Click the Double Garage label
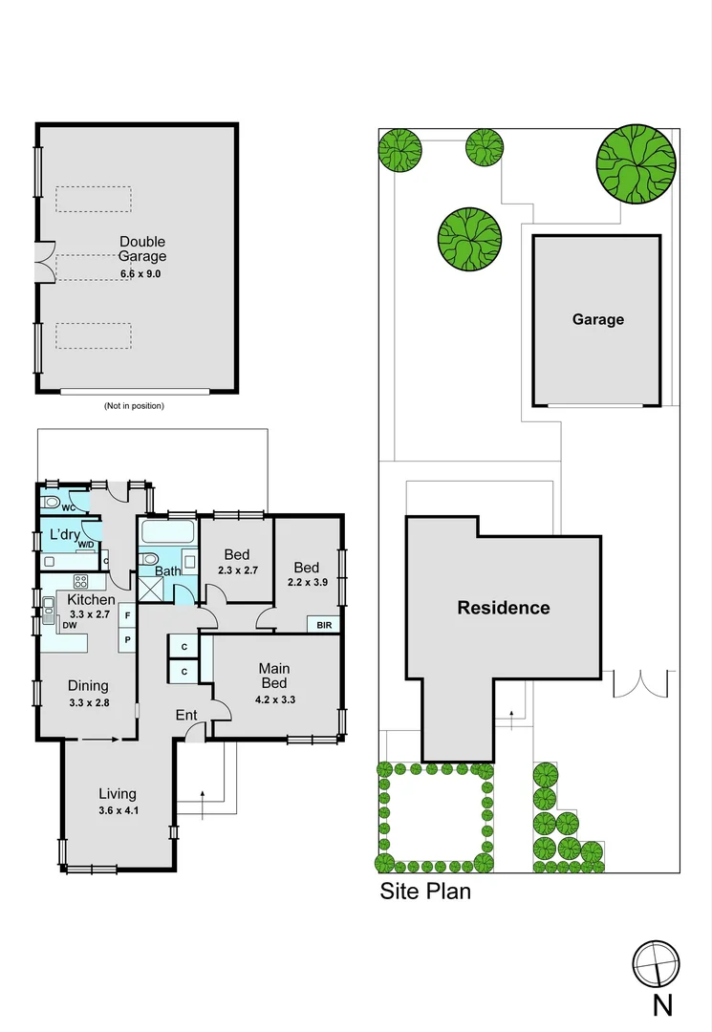click(141, 249)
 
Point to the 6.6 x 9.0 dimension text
click(140, 273)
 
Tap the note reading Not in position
click(134, 406)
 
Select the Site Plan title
click(425, 892)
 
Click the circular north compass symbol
click(657, 963)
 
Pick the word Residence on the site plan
click(503, 608)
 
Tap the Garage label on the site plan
click(597, 319)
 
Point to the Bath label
click(167, 571)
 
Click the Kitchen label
click(92, 599)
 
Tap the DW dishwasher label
click(69, 625)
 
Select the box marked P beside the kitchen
click(127, 638)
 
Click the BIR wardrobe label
click(323, 625)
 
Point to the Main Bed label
click(275, 676)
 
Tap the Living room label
click(117, 793)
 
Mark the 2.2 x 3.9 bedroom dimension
click(308, 581)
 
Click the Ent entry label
click(186, 715)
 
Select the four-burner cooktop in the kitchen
click(81, 582)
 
